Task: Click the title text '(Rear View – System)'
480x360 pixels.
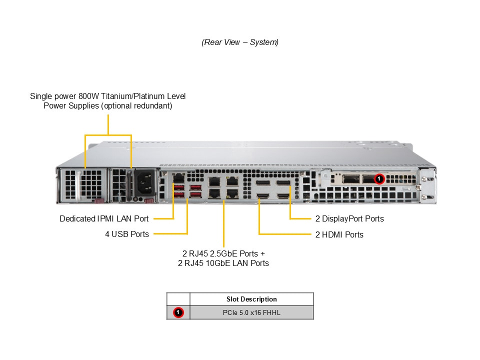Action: pyautogui.click(x=240, y=42)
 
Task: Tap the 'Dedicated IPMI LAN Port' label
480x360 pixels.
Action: pyautogui.click(x=104, y=218)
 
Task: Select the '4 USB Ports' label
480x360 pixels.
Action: pyautogui.click(x=127, y=234)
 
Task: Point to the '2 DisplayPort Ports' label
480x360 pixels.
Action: pyautogui.click(x=349, y=218)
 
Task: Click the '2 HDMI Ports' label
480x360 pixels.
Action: pyautogui.click(x=339, y=234)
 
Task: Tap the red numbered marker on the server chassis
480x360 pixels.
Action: pyautogui.click(x=379, y=178)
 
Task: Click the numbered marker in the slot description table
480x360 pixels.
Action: pyautogui.click(x=178, y=312)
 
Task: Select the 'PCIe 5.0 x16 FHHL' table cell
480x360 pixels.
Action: pyautogui.click(x=251, y=312)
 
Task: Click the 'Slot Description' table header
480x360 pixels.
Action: pyautogui.click(x=251, y=299)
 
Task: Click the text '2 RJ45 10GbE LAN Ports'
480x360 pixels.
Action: pyautogui.click(x=223, y=263)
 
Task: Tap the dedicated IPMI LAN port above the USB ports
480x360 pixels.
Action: pyautogui.click(x=178, y=177)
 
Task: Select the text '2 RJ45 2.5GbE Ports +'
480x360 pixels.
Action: pyautogui.click(x=223, y=253)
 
